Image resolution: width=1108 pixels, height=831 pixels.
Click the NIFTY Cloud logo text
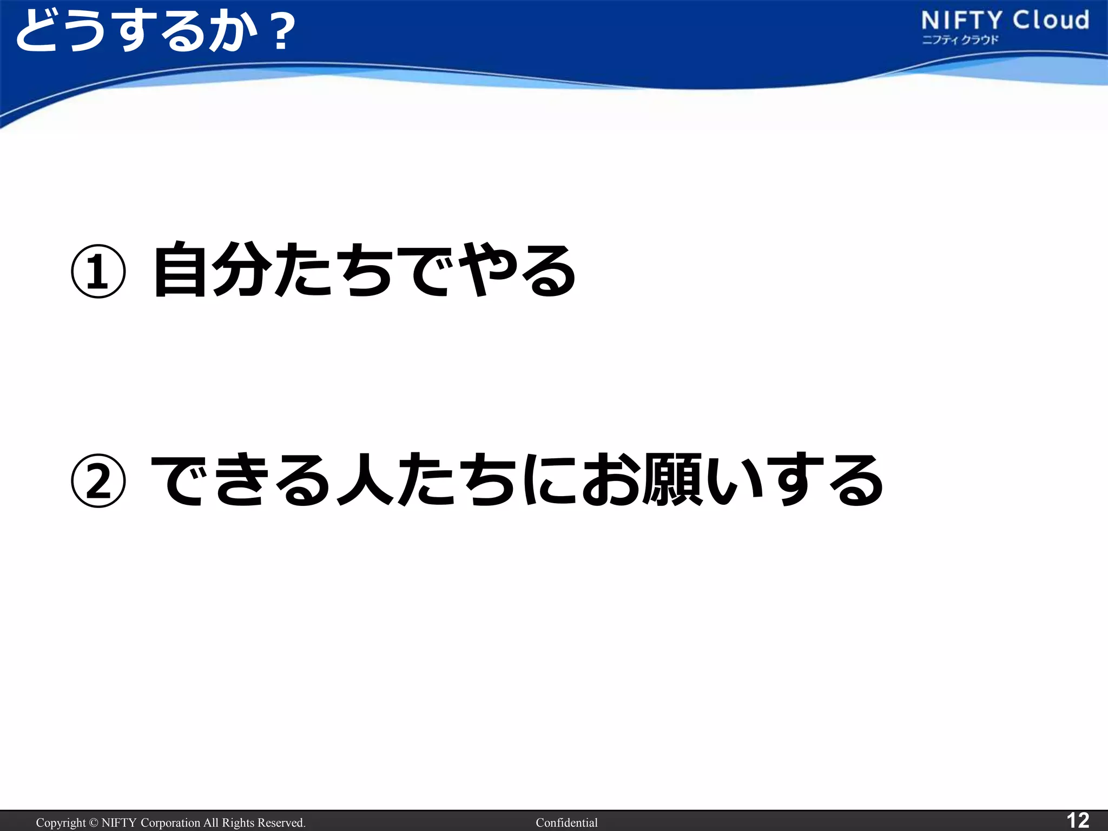coord(1005,21)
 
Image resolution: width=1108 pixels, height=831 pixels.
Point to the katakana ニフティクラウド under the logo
coord(960,40)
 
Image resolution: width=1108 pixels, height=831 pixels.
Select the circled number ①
coord(98,272)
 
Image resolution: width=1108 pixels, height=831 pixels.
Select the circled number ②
coord(98,481)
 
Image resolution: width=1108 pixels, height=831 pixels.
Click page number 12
coord(1077,820)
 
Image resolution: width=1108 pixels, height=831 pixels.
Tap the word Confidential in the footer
coord(566,823)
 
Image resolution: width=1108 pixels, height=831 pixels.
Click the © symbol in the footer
coord(94,823)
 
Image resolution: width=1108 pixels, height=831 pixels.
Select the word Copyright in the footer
coord(61,823)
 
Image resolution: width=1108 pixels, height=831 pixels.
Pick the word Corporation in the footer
coord(170,823)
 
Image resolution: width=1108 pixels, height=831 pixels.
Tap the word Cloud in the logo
coord(1051,21)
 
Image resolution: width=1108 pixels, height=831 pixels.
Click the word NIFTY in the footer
coord(119,823)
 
